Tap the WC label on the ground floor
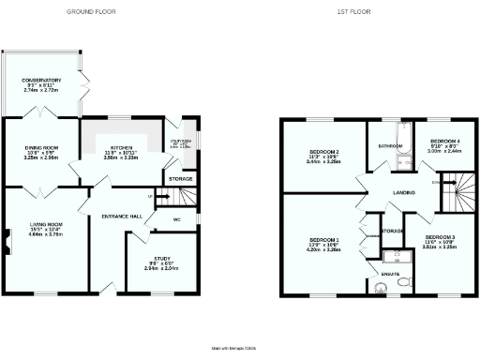[x=176, y=221]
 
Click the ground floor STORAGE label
[x=180, y=178]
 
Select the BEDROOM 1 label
[x=322, y=239]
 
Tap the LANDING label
[x=404, y=193]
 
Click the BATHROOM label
[x=390, y=146]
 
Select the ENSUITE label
[x=388, y=274]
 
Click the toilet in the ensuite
[x=402, y=279]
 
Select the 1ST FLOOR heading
[x=352, y=12]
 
